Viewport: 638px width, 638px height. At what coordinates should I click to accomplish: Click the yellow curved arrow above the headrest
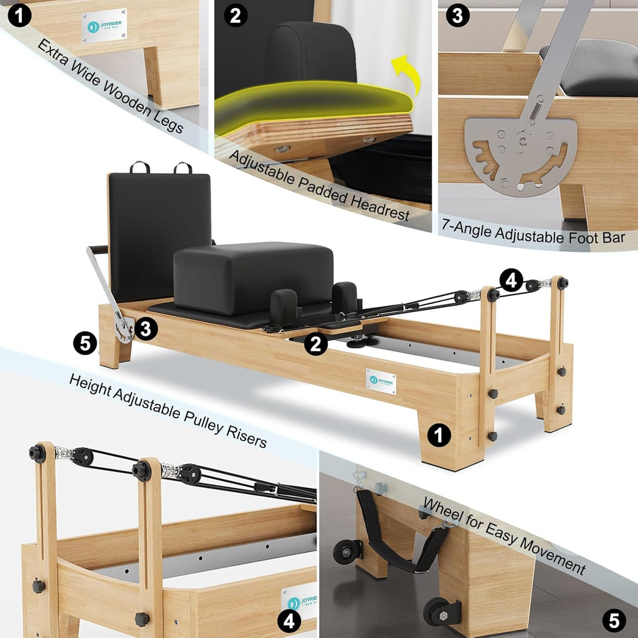pyautogui.click(x=406, y=74)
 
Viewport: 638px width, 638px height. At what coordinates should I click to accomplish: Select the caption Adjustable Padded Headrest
pyautogui.click(x=320, y=185)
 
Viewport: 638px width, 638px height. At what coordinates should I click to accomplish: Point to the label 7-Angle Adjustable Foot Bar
pyautogui.click(x=533, y=236)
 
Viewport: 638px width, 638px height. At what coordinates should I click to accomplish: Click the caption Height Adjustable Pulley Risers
pyautogui.click(x=168, y=410)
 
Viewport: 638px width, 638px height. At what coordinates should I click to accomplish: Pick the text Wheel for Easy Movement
pyautogui.click(x=504, y=535)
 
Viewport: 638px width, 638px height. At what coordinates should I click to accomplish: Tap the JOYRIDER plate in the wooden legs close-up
pyautogui.click(x=103, y=25)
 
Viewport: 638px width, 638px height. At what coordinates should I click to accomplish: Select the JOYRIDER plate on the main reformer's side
pyautogui.click(x=381, y=381)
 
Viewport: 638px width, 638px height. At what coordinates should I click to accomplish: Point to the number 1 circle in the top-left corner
pyautogui.click(x=19, y=16)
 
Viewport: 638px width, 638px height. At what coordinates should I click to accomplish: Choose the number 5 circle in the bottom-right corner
pyautogui.click(x=614, y=620)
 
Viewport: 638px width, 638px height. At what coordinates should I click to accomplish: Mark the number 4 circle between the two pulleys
pyautogui.click(x=511, y=280)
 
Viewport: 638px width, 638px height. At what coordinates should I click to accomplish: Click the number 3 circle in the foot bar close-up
pyautogui.click(x=457, y=16)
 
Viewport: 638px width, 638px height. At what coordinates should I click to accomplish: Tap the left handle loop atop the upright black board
pyautogui.click(x=140, y=167)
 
